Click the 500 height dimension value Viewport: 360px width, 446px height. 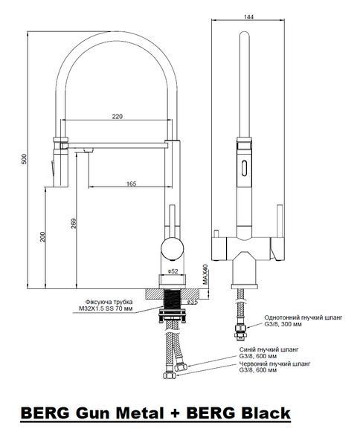pyautogui.click(x=25, y=159)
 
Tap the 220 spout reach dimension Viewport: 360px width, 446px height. pyautogui.click(x=117, y=117)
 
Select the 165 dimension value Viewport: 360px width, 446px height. pyautogui.click(x=131, y=184)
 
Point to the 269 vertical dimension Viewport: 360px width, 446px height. pyautogui.click(x=74, y=223)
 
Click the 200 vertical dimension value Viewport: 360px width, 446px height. pyautogui.click(x=42, y=237)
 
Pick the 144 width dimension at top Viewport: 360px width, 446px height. pyautogui.click(x=248, y=17)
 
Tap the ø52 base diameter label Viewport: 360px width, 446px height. pyautogui.click(x=173, y=271)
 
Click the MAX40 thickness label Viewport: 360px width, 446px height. pyautogui.click(x=205, y=274)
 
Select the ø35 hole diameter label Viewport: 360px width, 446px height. pyautogui.click(x=193, y=302)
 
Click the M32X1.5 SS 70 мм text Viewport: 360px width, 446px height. pyautogui.click(x=106, y=308)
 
